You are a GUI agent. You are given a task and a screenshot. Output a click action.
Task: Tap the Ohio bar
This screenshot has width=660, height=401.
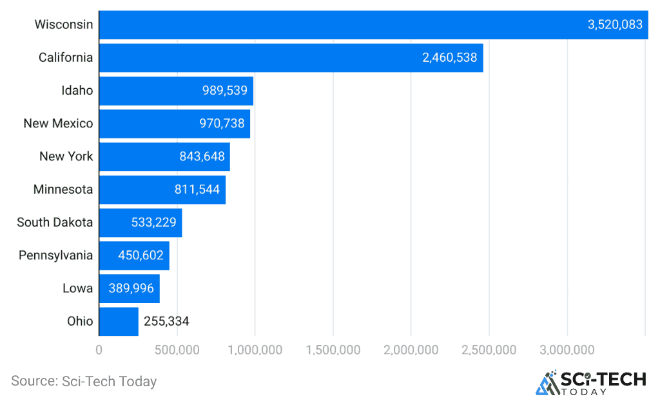[x=119, y=321]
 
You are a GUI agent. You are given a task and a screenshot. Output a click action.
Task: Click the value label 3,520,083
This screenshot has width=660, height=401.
[x=615, y=25]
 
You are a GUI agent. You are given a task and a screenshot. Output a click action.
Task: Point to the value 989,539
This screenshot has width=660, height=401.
[x=224, y=91]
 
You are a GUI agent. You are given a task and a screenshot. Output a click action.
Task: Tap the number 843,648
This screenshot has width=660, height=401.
[x=200, y=156]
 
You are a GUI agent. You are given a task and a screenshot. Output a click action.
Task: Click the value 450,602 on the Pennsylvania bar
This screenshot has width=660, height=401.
[x=141, y=256]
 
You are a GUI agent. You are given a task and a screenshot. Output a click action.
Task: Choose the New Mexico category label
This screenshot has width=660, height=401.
[x=58, y=124]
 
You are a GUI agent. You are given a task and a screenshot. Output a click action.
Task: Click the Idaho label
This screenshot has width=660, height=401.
[x=77, y=91]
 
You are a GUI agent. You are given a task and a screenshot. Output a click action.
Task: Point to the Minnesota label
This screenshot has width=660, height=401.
[x=63, y=190]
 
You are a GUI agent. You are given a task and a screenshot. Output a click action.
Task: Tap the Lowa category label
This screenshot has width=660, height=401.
[x=77, y=288]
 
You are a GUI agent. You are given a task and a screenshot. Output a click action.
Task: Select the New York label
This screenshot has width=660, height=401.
[x=66, y=156]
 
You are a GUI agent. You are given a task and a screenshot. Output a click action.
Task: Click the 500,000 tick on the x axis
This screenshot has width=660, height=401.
[x=176, y=350]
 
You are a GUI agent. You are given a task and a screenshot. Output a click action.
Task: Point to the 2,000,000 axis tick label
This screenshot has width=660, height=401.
[x=411, y=350]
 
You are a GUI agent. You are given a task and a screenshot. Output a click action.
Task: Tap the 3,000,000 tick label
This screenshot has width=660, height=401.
[x=567, y=350]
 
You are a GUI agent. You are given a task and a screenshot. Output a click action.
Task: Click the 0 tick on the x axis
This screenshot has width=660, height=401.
[x=99, y=350]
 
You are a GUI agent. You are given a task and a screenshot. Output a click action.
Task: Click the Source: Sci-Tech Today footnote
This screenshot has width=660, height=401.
[x=84, y=382]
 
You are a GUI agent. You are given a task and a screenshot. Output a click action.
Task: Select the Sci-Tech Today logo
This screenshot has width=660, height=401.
[x=590, y=382]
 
